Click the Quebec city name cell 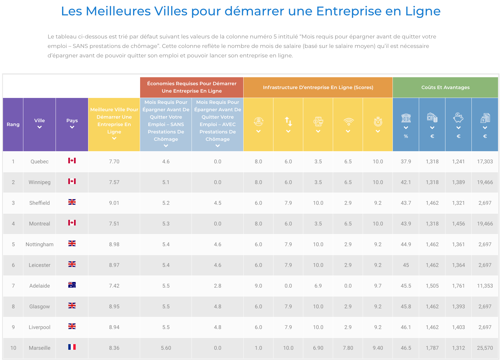coord(39,162)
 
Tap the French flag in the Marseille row coord(72,347)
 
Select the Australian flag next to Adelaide coord(72,285)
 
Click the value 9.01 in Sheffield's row coord(114,203)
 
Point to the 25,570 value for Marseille coord(485,348)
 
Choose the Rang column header coord(13,125)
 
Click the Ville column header coord(39,121)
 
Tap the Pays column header coord(72,121)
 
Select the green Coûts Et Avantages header coord(445,88)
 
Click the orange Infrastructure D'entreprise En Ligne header coord(318,88)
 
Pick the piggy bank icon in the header coord(458,118)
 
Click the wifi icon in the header coord(348,121)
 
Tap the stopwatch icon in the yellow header coord(378,121)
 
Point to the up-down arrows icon coord(288,121)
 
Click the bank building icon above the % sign coord(406,118)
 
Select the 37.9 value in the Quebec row coord(406,162)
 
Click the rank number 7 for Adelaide coord(13,286)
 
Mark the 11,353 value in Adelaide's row coord(485,286)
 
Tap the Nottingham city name coord(39,244)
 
